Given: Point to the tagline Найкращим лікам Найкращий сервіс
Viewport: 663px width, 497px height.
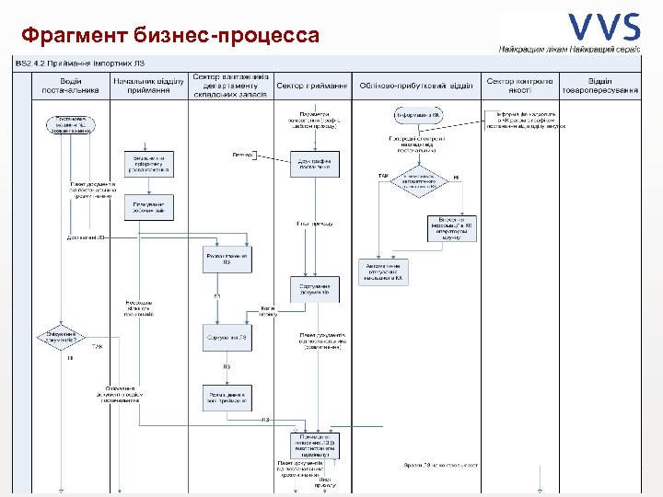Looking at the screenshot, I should click(x=570, y=47).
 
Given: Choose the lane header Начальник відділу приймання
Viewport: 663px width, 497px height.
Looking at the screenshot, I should click(x=148, y=86).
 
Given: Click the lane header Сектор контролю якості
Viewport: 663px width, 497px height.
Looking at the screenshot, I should click(x=520, y=86).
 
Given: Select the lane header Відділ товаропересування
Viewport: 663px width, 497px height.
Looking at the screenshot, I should click(x=601, y=86).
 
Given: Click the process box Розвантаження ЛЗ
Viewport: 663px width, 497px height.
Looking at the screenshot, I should click(x=226, y=260).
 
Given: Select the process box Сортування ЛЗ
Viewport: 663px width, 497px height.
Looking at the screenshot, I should click(x=226, y=338).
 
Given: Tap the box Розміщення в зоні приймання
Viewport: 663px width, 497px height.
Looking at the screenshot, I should click(x=226, y=394).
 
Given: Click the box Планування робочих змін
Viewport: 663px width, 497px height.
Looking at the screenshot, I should click(x=148, y=207).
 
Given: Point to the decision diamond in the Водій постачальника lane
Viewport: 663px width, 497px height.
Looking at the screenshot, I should click(x=61, y=337).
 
